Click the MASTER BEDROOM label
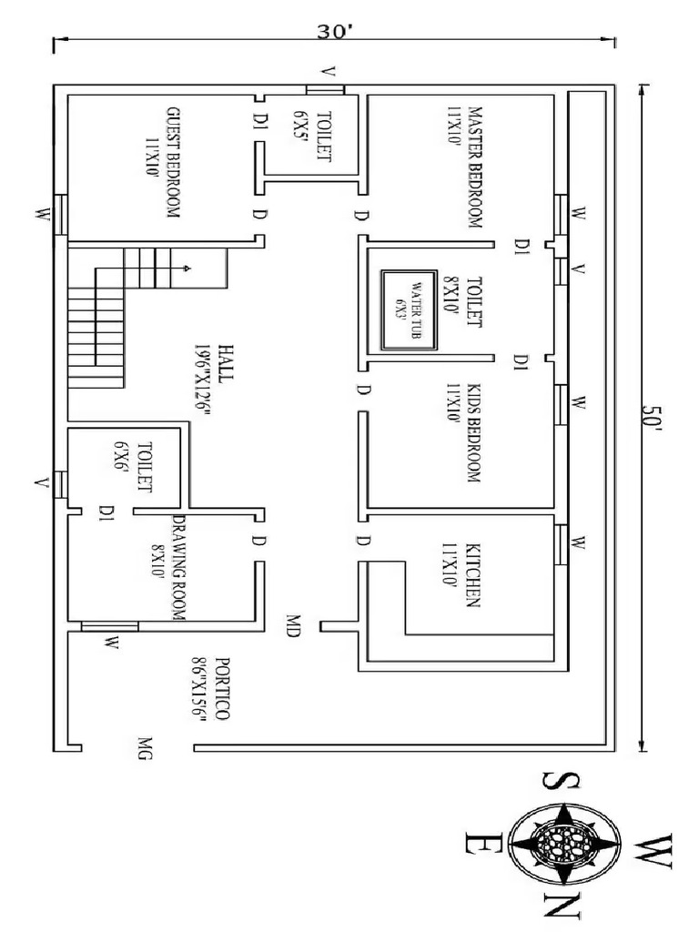coord(473,168)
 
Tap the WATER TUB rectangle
coord(407,309)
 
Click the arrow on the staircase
coord(186,268)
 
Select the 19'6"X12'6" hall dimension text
coord(203,380)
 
